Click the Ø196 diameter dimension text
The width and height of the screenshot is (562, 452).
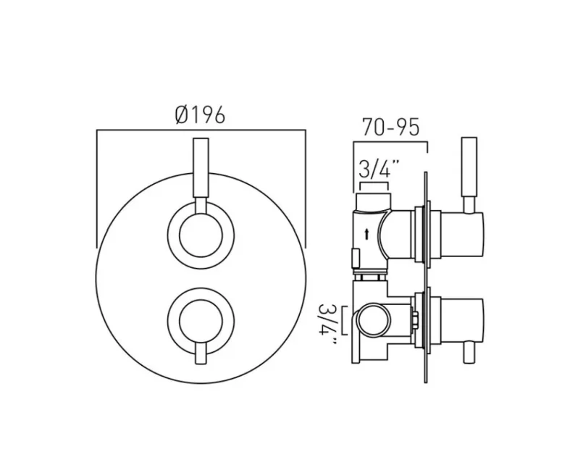click(x=201, y=115)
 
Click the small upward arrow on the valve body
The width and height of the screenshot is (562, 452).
click(x=369, y=233)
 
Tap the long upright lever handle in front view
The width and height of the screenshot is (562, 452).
click(x=201, y=174)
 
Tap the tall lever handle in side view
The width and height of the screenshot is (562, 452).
click(x=469, y=174)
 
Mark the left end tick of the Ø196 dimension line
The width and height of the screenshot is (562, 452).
click(x=97, y=188)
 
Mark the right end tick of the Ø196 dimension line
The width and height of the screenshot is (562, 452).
click(x=305, y=188)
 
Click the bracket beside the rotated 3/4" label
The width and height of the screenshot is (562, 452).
click(x=345, y=319)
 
